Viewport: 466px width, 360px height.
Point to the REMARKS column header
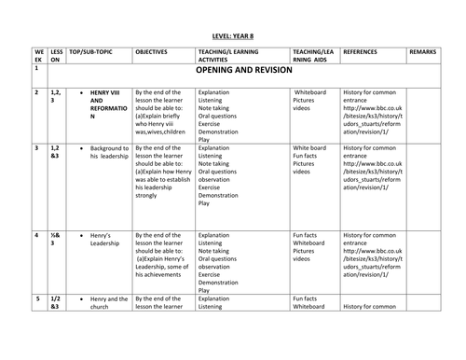tap(425, 52)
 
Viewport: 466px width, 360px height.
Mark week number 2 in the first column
tap(35, 93)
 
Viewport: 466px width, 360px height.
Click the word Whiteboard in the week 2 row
tap(313, 94)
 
